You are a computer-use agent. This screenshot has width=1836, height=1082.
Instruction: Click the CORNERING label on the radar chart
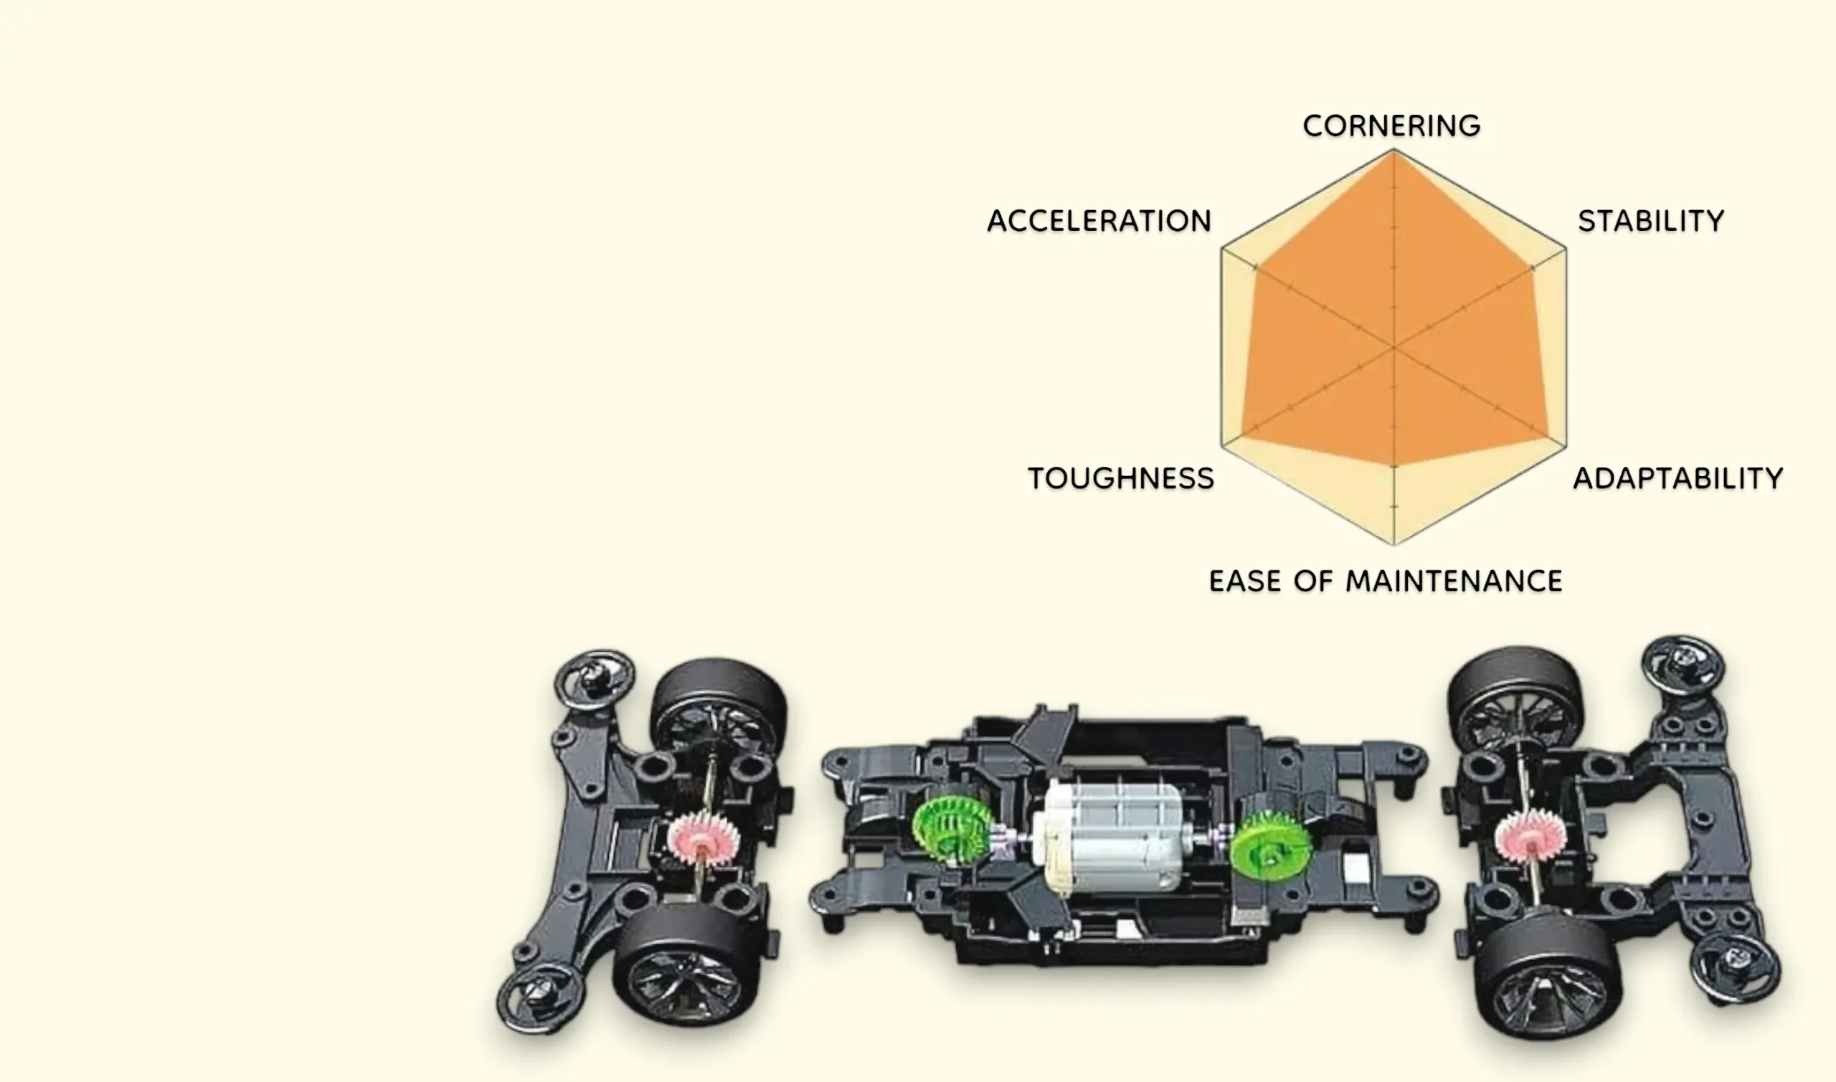(1391, 125)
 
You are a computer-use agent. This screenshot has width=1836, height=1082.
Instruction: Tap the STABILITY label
(1651, 221)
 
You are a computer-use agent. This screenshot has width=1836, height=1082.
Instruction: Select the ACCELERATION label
(1099, 221)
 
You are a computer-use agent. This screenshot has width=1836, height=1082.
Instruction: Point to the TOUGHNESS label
(1121, 478)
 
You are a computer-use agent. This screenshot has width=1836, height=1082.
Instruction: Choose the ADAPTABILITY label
(1678, 478)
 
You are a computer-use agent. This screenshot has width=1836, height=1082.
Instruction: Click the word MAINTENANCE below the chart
(1453, 581)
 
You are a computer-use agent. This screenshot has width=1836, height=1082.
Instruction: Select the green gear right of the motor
(1270, 845)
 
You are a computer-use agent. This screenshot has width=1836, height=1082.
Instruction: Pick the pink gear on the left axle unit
(703, 839)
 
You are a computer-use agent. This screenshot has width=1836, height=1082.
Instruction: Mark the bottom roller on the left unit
(540, 997)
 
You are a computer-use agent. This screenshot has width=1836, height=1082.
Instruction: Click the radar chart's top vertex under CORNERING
(1393, 150)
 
